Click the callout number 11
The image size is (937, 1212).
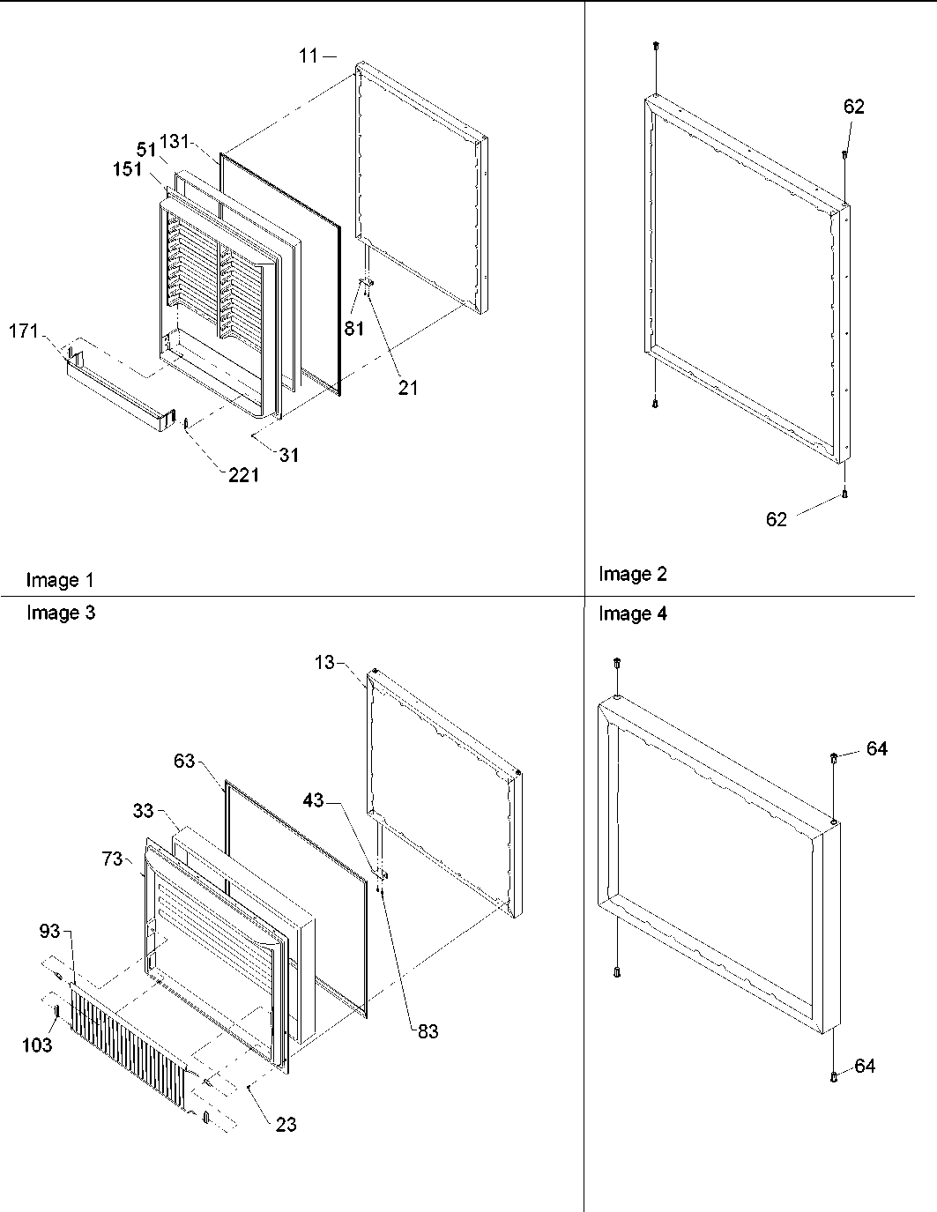tap(307, 56)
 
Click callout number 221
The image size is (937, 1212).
tap(243, 475)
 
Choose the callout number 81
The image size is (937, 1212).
tap(353, 330)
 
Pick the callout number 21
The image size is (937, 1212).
tap(407, 387)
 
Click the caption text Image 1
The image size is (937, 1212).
tap(60, 580)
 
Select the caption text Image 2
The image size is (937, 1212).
tap(633, 574)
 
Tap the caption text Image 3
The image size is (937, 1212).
tap(60, 613)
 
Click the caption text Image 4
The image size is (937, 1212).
tap(633, 613)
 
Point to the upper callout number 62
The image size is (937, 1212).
tap(854, 107)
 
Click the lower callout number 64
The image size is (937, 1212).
tap(865, 1066)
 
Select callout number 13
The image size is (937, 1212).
tap(324, 662)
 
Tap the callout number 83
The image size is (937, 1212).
tap(428, 1031)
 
